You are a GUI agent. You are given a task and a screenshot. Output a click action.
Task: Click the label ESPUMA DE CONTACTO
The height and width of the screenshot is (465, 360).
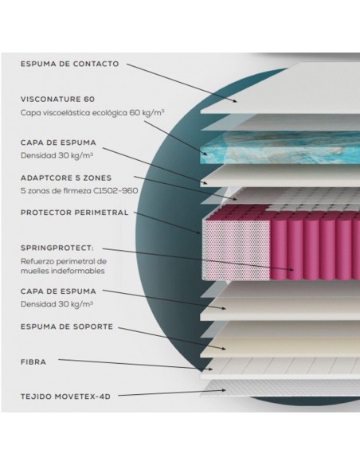[x=69, y=64]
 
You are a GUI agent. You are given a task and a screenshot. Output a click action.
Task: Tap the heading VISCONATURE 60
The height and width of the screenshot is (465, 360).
[x=57, y=99]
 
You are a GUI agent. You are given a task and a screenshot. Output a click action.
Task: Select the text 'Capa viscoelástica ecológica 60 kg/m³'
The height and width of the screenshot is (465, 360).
[x=92, y=113]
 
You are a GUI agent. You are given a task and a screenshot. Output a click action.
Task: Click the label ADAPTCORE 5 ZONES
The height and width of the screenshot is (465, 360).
[x=66, y=178]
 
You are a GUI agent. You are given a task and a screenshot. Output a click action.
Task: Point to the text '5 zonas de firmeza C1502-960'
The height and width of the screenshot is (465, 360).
[x=79, y=190]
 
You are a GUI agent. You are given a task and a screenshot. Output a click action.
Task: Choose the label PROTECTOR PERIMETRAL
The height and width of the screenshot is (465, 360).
[x=74, y=213]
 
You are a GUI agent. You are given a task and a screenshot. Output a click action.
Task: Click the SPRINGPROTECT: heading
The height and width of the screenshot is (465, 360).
[x=57, y=248]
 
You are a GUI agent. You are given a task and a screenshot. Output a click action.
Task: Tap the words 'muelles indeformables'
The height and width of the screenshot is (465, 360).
[x=63, y=271]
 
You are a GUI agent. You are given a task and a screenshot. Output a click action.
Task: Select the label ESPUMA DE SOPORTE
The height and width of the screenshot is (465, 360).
[x=67, y=326]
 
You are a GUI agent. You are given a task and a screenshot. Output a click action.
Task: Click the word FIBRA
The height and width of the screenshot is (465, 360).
[x=33, y=362]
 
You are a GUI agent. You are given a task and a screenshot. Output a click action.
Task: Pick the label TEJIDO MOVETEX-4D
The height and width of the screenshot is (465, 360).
[x=65, y=397]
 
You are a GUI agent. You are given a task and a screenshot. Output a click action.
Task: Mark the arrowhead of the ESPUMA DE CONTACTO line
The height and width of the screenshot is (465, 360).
[x=235, y=101]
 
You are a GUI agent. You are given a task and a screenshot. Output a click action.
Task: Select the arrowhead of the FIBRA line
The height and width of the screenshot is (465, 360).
[x=210, y=369]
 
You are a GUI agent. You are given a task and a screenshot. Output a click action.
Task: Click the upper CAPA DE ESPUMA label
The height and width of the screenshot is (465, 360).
[x=58, y=143]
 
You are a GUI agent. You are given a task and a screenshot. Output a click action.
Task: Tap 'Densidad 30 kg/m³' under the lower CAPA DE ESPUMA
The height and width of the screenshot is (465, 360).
[x=57, y=304]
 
